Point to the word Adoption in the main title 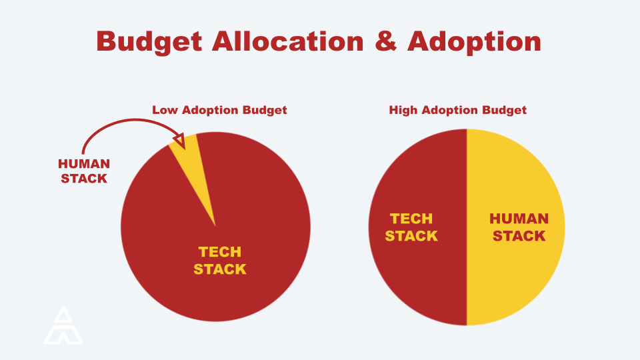pyautogui.click(x=474, y=41)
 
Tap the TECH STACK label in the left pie pyautogui.click(x=220, y=261)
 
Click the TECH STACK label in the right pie pyautogui.click(x=411, y=227)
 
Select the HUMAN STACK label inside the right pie pyautogui.click(x=519, y=227)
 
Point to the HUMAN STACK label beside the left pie pyautogui.click(x=84, y=171)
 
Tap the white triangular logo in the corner pyautogui.click(x=63, y=326)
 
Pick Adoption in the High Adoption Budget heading pyautogui.click(x=451, y=110)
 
